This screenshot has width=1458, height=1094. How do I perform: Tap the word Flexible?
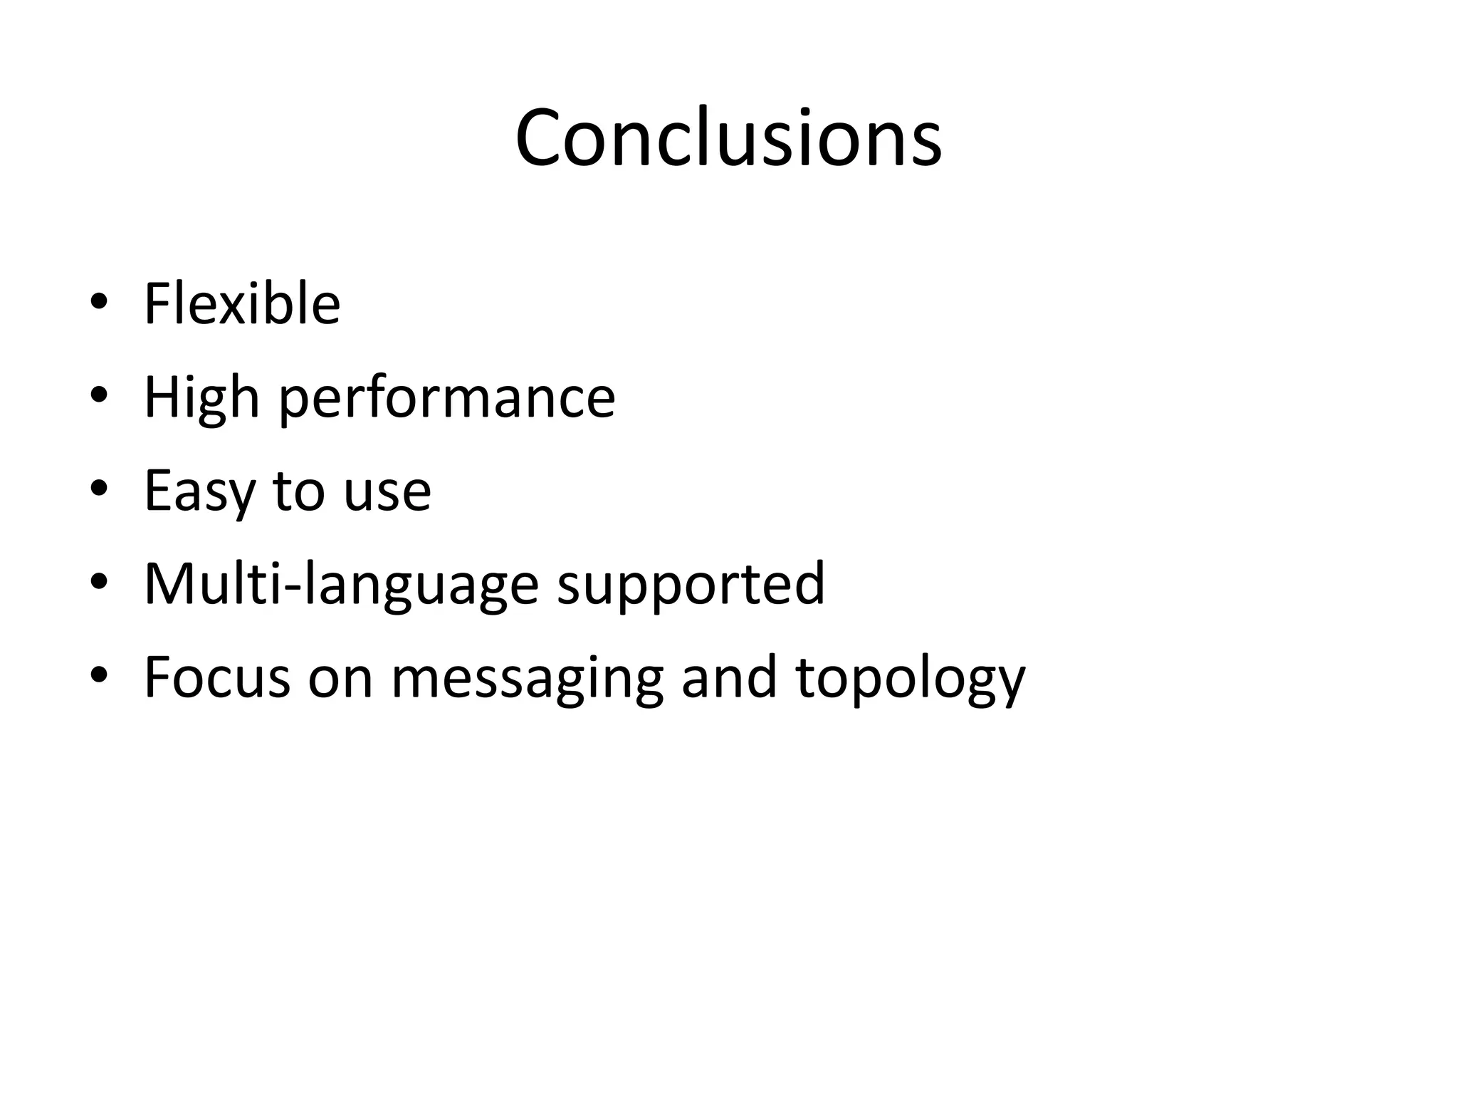242,304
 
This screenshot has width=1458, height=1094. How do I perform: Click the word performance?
446,399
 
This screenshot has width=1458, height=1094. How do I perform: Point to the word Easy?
199,491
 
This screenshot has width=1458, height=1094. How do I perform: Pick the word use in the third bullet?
387,491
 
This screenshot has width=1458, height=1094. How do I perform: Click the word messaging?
527,678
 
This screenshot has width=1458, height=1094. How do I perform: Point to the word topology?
910,678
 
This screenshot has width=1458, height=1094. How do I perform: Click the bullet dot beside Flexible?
99,302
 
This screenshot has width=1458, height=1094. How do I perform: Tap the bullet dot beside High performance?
99,395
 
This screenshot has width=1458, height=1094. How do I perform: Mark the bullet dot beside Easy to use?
99,489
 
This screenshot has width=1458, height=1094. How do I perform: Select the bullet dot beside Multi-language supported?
99,582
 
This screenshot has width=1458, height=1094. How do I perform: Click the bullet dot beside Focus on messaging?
99,674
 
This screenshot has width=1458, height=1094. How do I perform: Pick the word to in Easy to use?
298,491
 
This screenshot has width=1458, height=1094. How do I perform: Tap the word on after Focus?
340,678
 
